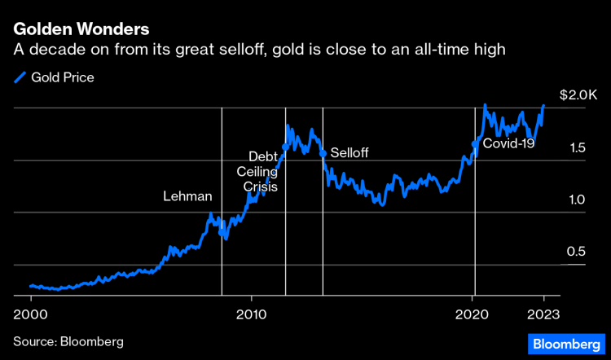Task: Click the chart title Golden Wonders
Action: pos(81,29)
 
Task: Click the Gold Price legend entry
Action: pos(62,78)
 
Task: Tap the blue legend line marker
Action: pos(20,78)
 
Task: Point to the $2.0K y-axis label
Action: pos(578,95)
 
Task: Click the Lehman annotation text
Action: pos(187,196)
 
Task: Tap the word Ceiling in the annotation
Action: pos(257,172)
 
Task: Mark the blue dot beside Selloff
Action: pos(323,153)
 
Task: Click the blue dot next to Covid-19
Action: pos(475,144)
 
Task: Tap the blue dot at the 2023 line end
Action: pos(543,106)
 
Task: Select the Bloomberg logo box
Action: pos(564,344)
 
